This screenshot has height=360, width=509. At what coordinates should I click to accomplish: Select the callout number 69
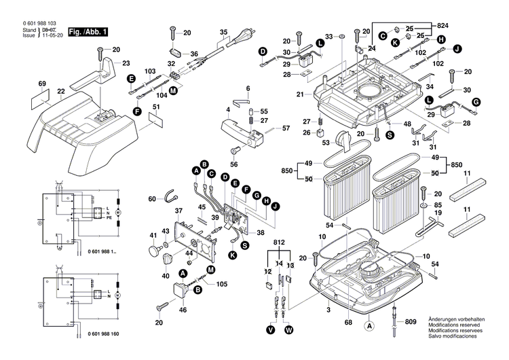pyautogui.click(x=42, y=84)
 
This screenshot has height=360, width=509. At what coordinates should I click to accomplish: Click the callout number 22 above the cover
pyautogui.click(x=61, y=92)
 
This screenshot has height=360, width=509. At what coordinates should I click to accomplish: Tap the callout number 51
pyautogui.click(x=157, y=107)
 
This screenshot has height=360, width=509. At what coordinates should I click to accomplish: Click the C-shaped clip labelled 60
pyautogui.click(x=172, y=198)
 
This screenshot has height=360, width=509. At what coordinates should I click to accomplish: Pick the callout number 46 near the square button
pyautogui.click(x=182, y=310)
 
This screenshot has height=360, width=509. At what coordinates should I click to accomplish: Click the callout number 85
pyautogui.click(x=438, y=204)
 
